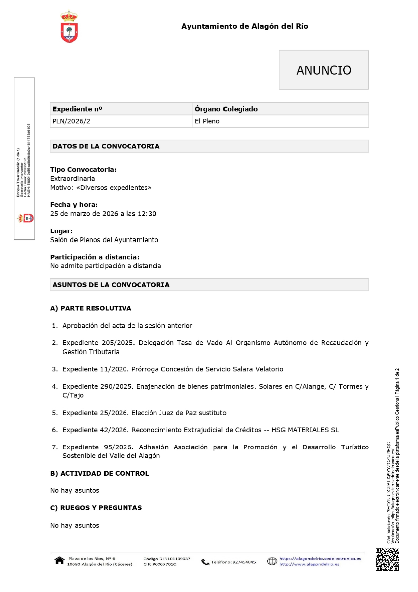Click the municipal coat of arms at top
click(x=69, y=27)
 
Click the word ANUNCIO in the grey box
click(x=324, y=70)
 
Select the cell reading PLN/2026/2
click(x=71, y=121)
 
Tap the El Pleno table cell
click(x=207, y=121)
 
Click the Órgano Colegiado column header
click(x=226, y=109)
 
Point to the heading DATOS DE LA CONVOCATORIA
click(x=106, y=146)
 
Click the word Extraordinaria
click(x=72, y=179)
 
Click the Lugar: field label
click(x=61, y=231)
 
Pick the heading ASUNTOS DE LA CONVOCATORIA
click(x=111, y=285)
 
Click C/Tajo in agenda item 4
click(x=73, y=395)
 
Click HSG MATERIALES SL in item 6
click(x=305, y=430)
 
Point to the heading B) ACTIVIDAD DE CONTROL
click(x=99, y=473)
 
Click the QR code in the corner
click(x=387, y=560)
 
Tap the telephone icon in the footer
click(x=205, y=562)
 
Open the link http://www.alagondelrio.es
click(x=309, y=564)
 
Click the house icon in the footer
click(x=59, y=561)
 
